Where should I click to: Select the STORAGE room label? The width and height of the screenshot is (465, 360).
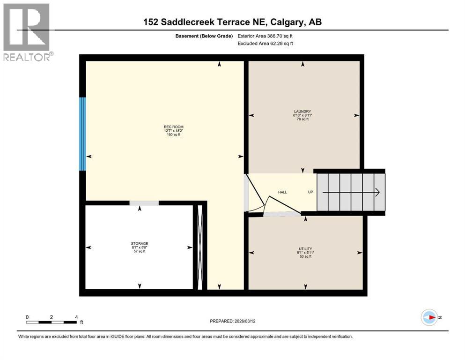pyautogui.click(x=140, y=243)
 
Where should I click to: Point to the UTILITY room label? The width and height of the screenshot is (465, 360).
pyautogui.click(x=305, y=249)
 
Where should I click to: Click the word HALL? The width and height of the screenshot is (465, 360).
pyautogui.click(x=282, y=192)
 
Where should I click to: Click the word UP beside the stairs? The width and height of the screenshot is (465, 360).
pyautogui.click(x=310, y=192)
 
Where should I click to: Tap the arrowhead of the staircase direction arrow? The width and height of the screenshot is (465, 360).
pyautogui.click(x=376, y=192)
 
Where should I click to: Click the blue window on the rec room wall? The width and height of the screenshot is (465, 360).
pyautogui.click(x=83, y=134)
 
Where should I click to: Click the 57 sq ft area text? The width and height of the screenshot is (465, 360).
pyautogui.click(x=140, y=251)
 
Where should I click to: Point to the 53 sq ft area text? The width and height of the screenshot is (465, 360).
pyautogui.click(x=305, y=257)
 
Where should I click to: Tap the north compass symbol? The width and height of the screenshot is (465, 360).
pyautogui.click(x=428, y=317)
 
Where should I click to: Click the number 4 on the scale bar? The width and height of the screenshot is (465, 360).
pyautogui.click(x=76, y=317)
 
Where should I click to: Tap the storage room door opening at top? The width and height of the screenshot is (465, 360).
pyautogui.click(x=144, y=203)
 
